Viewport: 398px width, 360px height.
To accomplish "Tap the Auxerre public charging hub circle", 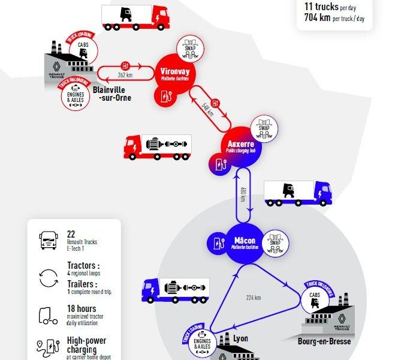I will [242, 148].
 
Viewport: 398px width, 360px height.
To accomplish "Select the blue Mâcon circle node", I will [245, 244].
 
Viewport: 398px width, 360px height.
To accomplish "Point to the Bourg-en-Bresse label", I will [324, 342].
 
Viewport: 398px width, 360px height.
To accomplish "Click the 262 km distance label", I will [125, 75].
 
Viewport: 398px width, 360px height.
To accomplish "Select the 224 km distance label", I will [254, 298].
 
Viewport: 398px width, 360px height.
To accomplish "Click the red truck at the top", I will [135, 17].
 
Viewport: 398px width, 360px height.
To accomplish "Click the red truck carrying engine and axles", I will [158, 147].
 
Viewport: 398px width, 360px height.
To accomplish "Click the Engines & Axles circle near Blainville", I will [76, 95].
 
